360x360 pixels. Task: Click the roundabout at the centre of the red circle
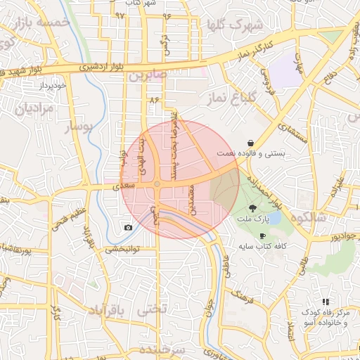[x=157, y=185]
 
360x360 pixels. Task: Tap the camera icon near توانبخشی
[x=128, y=227]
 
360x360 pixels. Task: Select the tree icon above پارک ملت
[x=252, y=208]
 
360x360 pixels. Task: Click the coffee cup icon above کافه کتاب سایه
[x=262, y=236]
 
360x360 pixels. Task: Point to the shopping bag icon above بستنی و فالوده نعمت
[x=250, y=143]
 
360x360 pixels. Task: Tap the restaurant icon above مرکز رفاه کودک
[x=325, y=301]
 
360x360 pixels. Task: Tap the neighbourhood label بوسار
[x=78, y=127]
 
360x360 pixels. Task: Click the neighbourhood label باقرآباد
[x=108, y=309]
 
